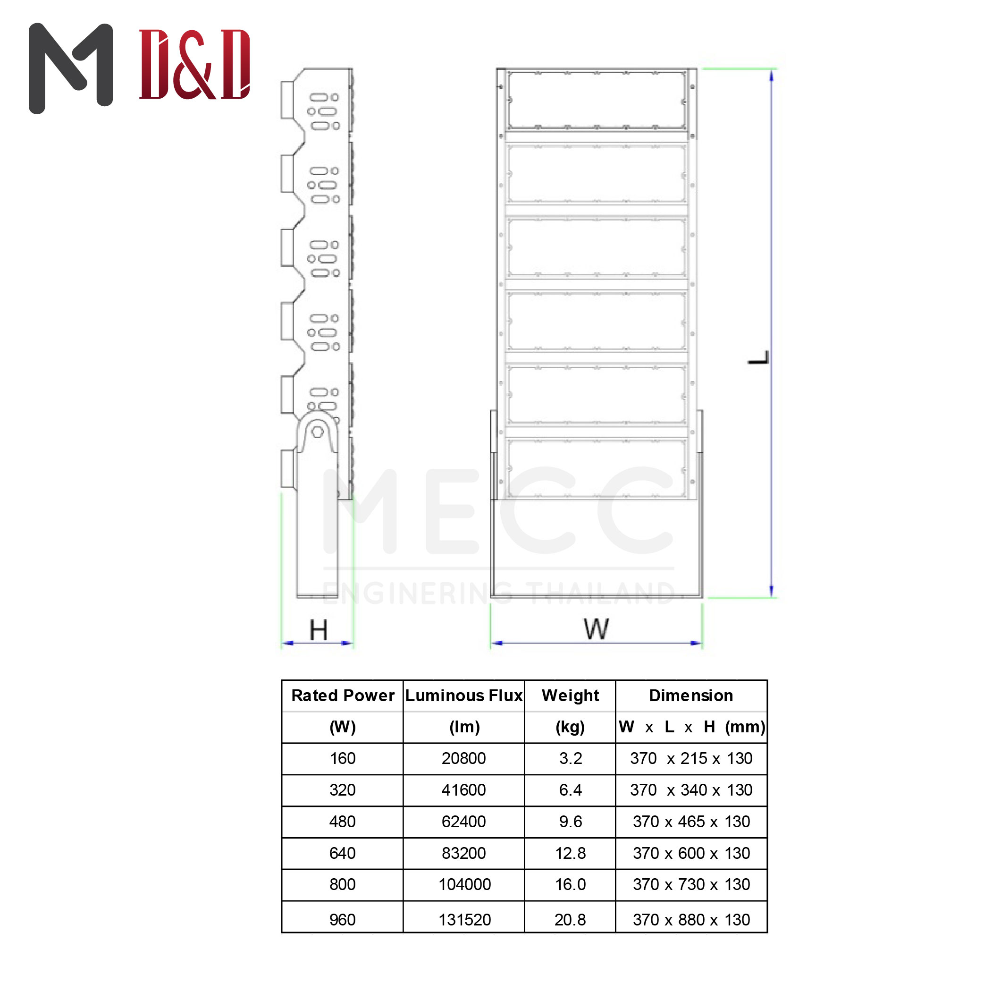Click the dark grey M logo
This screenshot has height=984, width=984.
coord(71,68)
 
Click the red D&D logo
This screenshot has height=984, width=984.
coord(194,64)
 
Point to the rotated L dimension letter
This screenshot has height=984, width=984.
coord(758,357)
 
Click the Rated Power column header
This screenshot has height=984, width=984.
coord(343,696)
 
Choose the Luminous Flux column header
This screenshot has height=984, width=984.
coord(464,696)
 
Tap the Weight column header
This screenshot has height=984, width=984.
coord(571,696)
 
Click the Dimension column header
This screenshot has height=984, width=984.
coord(691,696)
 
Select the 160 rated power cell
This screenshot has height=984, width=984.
coord(343,758)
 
